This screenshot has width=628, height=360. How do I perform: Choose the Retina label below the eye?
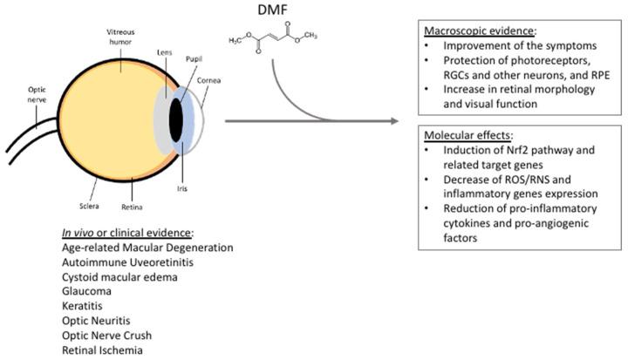coord(133,207)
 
